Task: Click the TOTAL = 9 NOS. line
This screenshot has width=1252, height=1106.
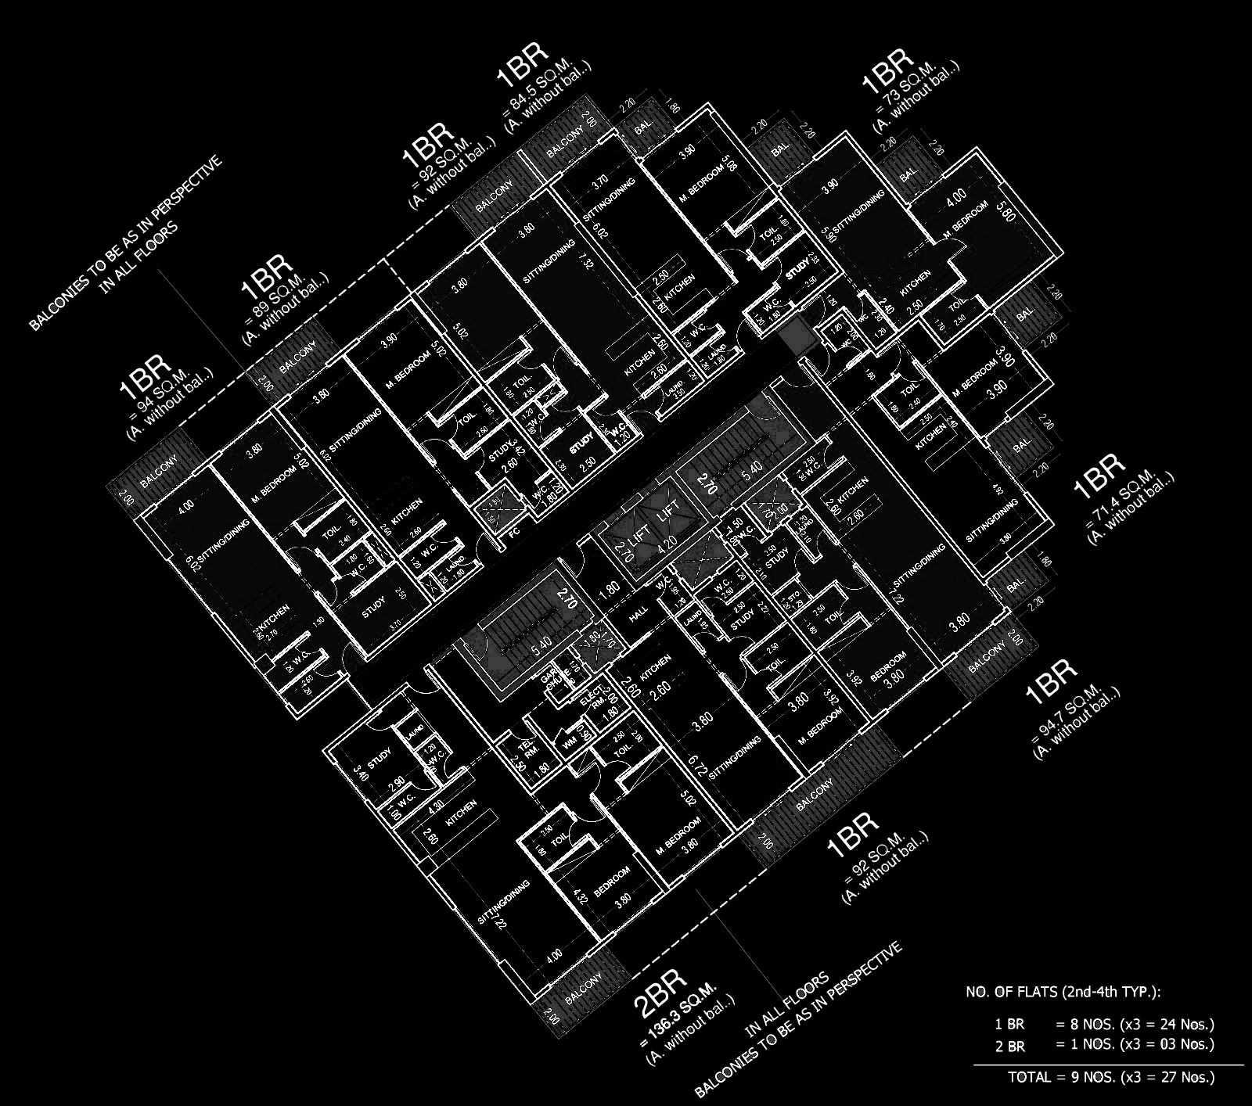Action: coord(1111,1077)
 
